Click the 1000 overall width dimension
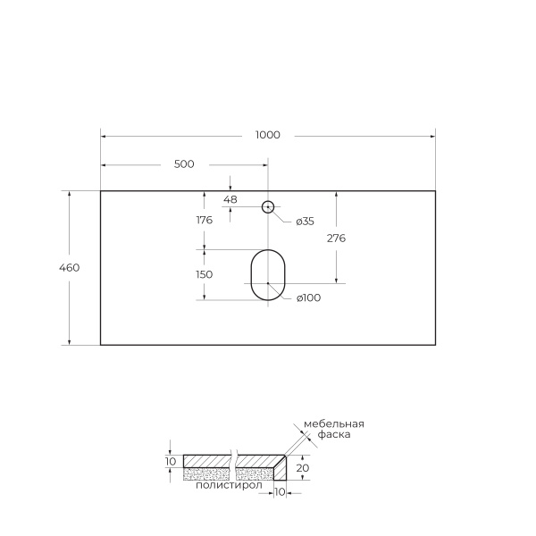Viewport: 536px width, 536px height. [268, 135]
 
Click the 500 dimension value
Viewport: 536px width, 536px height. [184, 163]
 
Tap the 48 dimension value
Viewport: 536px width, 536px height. [230, 199]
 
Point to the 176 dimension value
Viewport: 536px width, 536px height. [204, 220]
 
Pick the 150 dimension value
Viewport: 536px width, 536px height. [204, 274]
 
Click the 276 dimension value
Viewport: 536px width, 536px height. [337, 239]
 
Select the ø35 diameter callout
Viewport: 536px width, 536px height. [305, 221]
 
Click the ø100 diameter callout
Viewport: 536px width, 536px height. [308, 297]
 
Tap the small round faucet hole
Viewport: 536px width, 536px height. [267, 207]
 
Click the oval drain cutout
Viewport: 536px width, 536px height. [267, 274]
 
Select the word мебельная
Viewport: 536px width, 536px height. [333, 423]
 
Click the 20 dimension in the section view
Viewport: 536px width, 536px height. [302, 467]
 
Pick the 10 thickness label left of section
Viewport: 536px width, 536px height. [171, 461]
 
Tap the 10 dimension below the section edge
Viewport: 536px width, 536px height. [280, 491]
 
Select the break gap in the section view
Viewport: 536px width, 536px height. [233, 465]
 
